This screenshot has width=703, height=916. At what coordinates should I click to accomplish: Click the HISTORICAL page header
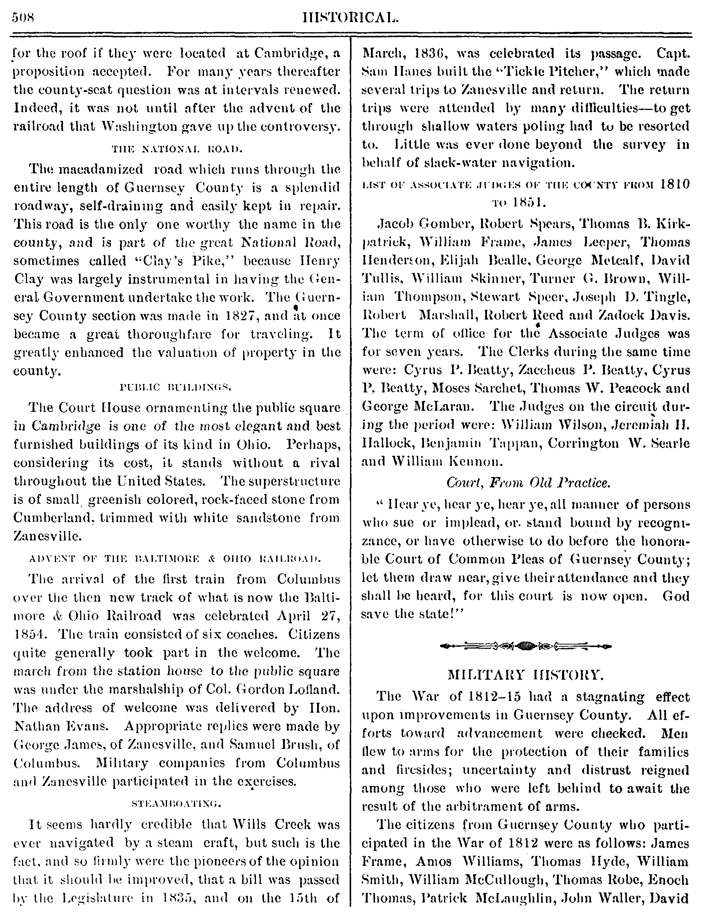tap(351, 18)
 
